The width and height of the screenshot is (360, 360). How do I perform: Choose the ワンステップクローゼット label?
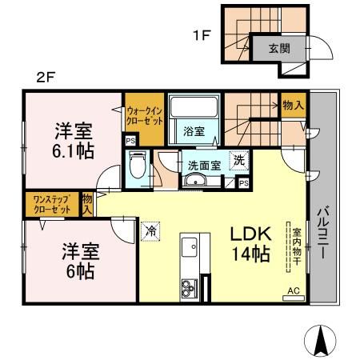[x=51, y=204]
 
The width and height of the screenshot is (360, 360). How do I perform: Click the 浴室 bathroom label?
[x=193, y=131]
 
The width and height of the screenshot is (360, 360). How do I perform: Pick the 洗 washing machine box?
[x=238, y=160]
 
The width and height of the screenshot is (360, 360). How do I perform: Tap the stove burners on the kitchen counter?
[x=190, y=286]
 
